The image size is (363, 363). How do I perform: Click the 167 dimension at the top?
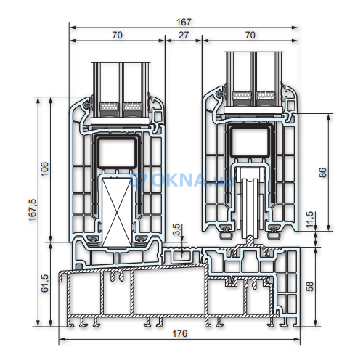[184, 22]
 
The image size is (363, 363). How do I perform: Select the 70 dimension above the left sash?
[117, 34]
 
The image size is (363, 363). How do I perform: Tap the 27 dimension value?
[184, 34]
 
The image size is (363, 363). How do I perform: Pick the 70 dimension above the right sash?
[250, 34]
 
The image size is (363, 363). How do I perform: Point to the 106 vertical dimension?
[44, 168]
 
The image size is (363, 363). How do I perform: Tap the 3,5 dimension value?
[176, 229]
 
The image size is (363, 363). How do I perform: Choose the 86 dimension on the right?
[323, 172]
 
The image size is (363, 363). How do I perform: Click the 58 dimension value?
[311, 286]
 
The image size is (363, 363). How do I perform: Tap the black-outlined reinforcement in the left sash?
[117, 153]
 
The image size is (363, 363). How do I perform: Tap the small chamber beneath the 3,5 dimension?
[179, 255]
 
